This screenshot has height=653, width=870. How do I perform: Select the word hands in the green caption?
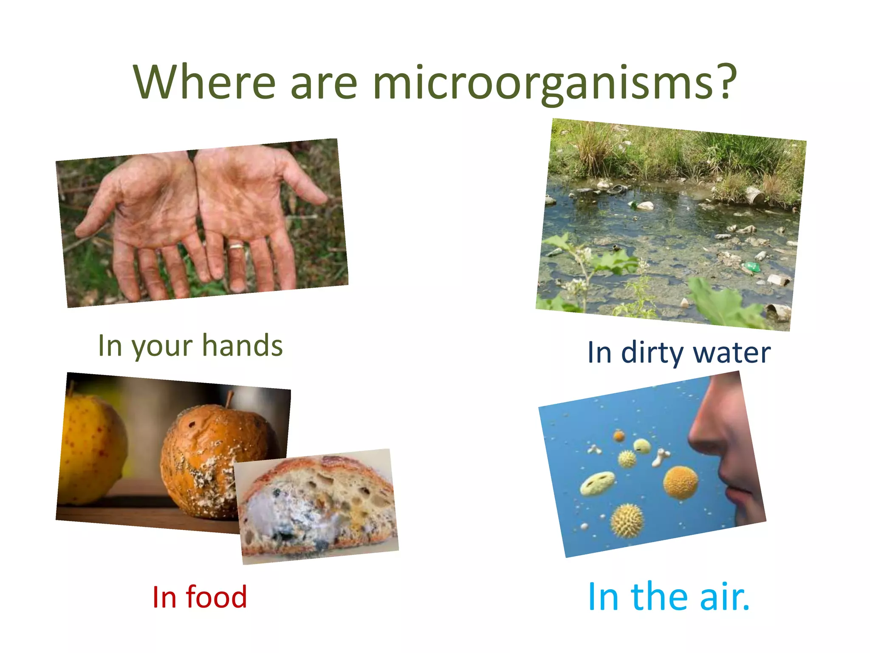pos(242,345)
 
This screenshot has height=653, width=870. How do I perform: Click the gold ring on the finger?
pos(237,246)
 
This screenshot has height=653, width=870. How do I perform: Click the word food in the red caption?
pos(217,597)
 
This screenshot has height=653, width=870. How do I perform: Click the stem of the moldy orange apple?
pos(229,399)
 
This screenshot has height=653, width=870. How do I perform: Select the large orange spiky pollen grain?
pos(680,483)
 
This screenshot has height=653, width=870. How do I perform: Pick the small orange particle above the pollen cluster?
pos(619,435)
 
